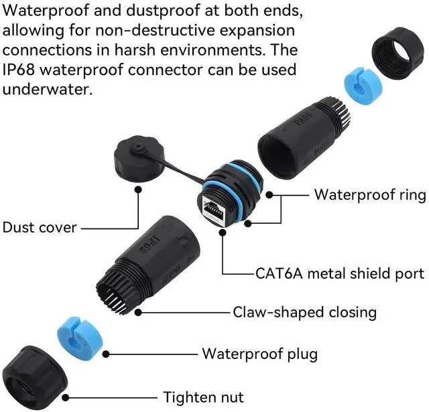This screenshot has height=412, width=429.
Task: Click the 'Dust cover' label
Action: pos(40,228)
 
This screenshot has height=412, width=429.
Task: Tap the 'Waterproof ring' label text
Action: pos(370,195)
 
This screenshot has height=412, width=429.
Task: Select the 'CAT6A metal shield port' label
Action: pos(340,273)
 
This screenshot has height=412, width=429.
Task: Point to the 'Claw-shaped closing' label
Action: pos(305,312)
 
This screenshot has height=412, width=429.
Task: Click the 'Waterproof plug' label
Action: pos(260,354)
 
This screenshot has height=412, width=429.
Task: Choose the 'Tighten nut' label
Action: pos(203,397)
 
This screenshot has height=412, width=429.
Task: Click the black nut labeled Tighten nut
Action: pos(35,378)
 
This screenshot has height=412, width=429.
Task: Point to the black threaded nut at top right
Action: pos(400,54)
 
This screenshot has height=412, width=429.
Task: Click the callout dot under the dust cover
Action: pos(138,189)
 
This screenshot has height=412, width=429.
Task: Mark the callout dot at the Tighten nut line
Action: pos(66,397)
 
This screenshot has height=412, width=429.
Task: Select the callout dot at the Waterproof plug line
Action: pos(106,354)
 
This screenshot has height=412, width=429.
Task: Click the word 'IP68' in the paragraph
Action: pos(19,70)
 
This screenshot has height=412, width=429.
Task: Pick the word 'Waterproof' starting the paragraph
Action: pos(46,11)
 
